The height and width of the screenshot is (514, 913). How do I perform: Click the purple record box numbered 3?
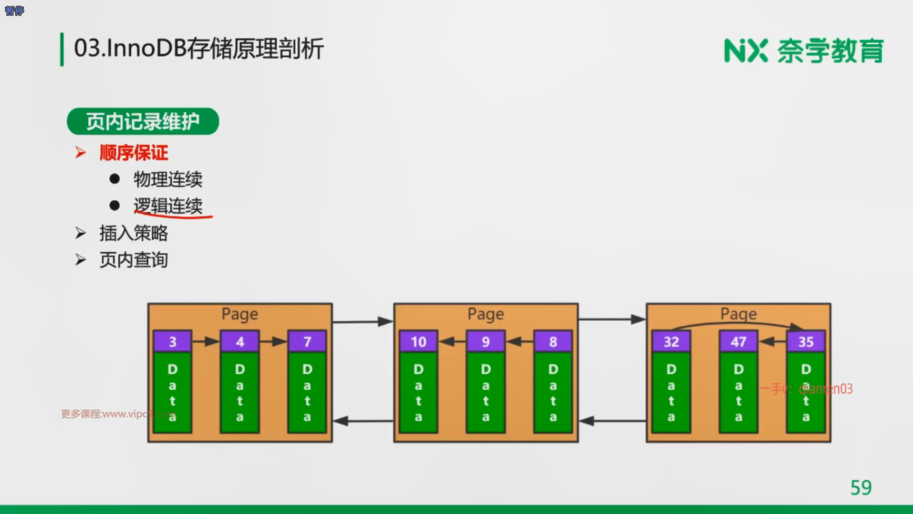[x=172, y=341]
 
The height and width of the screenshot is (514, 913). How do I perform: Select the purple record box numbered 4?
[x=240, y=341]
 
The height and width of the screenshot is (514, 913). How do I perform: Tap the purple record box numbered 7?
[x=307, y=341]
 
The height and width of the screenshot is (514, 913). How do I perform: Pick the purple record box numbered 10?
[x=418, y=341]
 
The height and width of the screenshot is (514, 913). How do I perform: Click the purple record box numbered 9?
[x=486, y=341]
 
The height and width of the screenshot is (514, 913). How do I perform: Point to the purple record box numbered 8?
[x=553, y=341]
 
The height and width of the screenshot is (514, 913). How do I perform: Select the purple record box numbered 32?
[x=671, y=341]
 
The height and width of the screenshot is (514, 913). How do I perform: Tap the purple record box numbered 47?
[x=738, y=341]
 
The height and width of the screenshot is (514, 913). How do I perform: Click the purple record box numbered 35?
[x=806, y=341]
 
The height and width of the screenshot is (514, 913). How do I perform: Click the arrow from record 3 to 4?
[x=206, y=341]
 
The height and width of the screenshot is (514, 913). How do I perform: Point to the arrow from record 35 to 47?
[x=772, y=341]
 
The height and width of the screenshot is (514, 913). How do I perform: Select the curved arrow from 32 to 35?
[x=738, y=324]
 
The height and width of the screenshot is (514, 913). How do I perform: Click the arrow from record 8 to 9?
[x=519, y=341]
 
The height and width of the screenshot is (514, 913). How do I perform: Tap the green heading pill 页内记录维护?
[x=143, y=121]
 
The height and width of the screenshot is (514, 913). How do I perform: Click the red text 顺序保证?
[x=134, y=153]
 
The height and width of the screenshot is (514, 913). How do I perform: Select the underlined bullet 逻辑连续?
[x=168, y=206]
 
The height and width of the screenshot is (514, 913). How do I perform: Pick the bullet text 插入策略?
[x=134, y=233]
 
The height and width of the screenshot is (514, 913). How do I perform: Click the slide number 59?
[x=861, y=488]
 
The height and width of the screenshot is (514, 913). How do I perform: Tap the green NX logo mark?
[x=746, y=50]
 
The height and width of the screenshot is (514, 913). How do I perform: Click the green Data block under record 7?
[x=307, y=392]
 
